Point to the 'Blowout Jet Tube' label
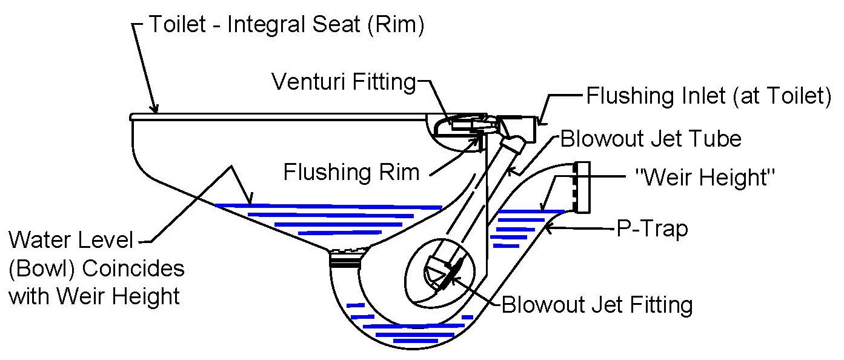click(x=651, y=139)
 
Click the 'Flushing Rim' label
click(x=351, y=172)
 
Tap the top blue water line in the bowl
click(x=327, y=206)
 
